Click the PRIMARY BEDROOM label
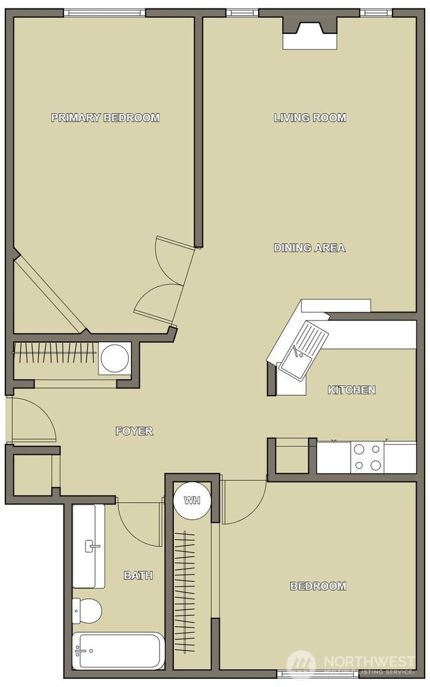(105, 118)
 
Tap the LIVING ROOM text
(310, 118)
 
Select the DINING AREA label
(309, 248)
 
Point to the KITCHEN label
(352, 390)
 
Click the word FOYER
(134, 431)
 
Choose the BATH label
(138, 575)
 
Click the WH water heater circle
(192, 500)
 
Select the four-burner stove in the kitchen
(367, 457)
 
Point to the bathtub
(118, 651)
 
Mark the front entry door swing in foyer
(33, 421)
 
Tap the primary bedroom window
(105, 13)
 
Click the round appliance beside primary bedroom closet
(115, 358)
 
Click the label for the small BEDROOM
(318, 586)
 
